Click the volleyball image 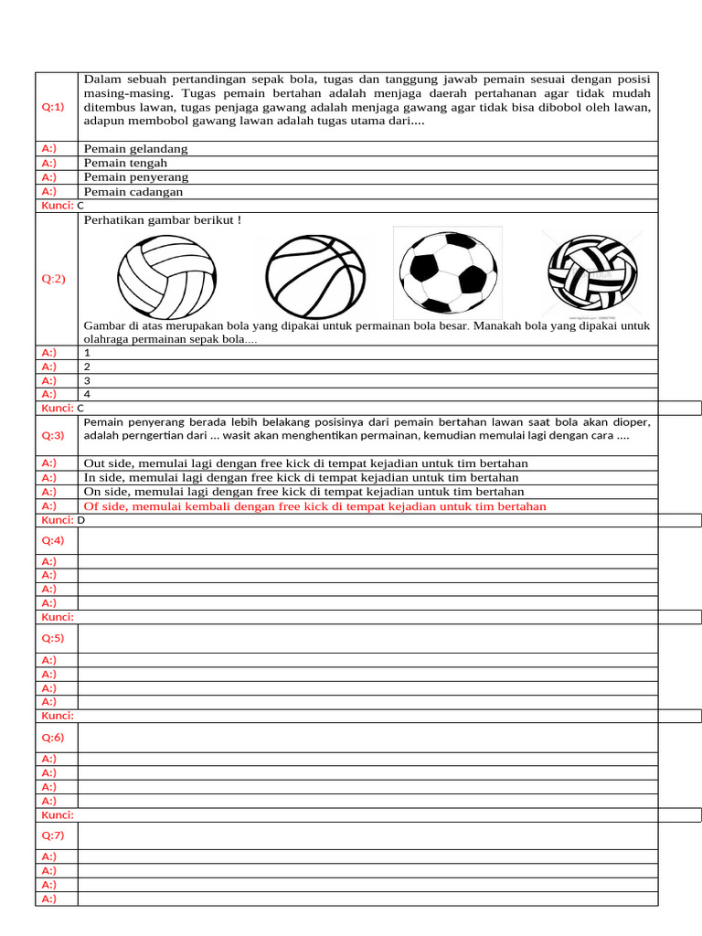tap(168, 275)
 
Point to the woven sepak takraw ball tap(591, 272)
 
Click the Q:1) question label tap(53, 107)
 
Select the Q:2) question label tap(53, 279)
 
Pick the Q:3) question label tap(53, 435)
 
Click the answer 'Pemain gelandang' tap(135, 149)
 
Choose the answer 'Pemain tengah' tap(125, 163)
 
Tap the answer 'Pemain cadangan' tap(133, 192)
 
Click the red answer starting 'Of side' tap(314, 506)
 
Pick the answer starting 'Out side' tap(305, 463)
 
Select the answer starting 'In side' tap(301, 477)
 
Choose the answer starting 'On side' tap(303, 492)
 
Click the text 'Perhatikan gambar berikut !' tap(162, 220)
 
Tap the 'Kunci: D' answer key tap(63, 520)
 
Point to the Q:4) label tap(53, 540)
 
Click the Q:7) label tap(53, 835)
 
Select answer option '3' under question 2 tap(87, 380)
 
